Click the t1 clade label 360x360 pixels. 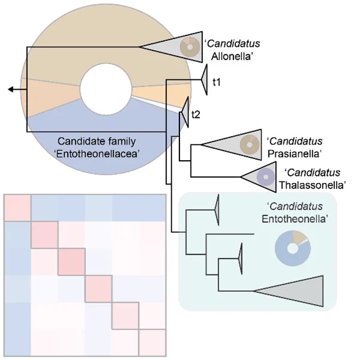pyautogui.click(x=217, y=82)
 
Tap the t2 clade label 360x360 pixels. pyautogui.click(x=196, y=114)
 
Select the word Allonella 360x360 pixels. pyautogui.click(x=232, y=57)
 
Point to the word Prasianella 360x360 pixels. pyautogui.click(x=294, y=154)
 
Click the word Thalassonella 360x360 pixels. pyautogui.click(x=312, y=185)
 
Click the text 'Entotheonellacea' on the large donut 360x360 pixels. pyautogui.click(x=97, y=154)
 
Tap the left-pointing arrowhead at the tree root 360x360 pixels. pyautogui.click(x=11, y=89)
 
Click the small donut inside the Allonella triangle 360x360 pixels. pyautogui.click(x=190, y=47)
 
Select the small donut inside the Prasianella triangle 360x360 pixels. pyautogui.click(x=250, y=144)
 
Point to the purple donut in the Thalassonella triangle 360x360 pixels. pyautogui.click(x=265, y=177)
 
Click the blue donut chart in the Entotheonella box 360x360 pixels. pyautogui.click(x=293, y=249)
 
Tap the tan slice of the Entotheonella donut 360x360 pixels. pyautogui.click(x=300, y=237)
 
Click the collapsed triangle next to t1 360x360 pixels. pyautogui.click(x=204, y=79)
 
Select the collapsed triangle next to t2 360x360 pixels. pyautogui.click(x=185, y=112)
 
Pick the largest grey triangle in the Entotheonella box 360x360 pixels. pyautogui.click(x=300, y=291)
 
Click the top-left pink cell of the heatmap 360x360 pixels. pyautogui.click(x=17, y=208)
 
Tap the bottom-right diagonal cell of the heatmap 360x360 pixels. pyautogui.click(x=152, y=343)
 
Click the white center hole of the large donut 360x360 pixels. pyautogui.click(x=106, y=89)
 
